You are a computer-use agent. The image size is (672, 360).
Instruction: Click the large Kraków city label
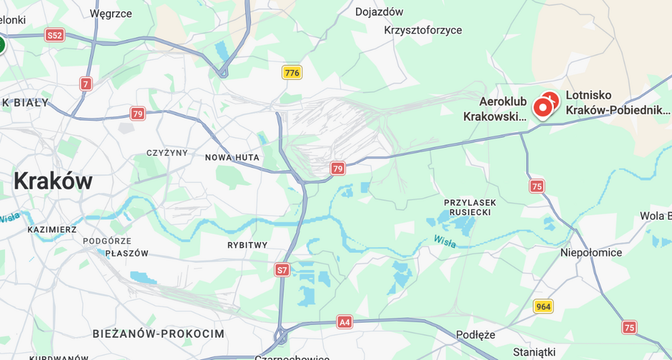[x=53, y=181]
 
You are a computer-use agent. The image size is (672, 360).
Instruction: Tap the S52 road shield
[x=55, y=36]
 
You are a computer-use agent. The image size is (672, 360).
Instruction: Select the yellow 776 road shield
[x=292, y=73]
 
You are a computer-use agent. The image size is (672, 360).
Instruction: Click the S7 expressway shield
[x=282, y=270]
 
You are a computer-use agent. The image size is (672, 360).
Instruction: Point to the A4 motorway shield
[x=345, y=322]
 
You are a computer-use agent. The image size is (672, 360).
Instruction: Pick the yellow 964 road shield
[x=544, y=307]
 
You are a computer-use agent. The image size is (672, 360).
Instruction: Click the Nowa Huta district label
[x=233, y=157]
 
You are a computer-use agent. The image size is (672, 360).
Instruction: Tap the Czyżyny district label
[x=167, y=152]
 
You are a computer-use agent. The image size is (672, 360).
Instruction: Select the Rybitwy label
[x=247, y=245]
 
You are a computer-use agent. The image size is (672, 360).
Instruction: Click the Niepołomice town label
[x=591, y=253]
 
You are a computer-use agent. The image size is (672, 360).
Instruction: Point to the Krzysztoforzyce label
[x=423, y=30]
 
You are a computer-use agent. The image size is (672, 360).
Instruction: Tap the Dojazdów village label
[x=379, y=11]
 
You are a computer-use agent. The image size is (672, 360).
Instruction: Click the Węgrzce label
[x=111, y=13]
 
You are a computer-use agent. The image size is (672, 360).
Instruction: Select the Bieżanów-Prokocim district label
[x=159, y=334]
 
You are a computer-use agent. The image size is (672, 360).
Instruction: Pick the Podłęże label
[x=475, y=335]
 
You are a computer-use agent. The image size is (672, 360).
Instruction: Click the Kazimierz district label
[x=52, y=230]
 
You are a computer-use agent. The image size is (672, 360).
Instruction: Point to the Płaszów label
[x=126, y=253]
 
